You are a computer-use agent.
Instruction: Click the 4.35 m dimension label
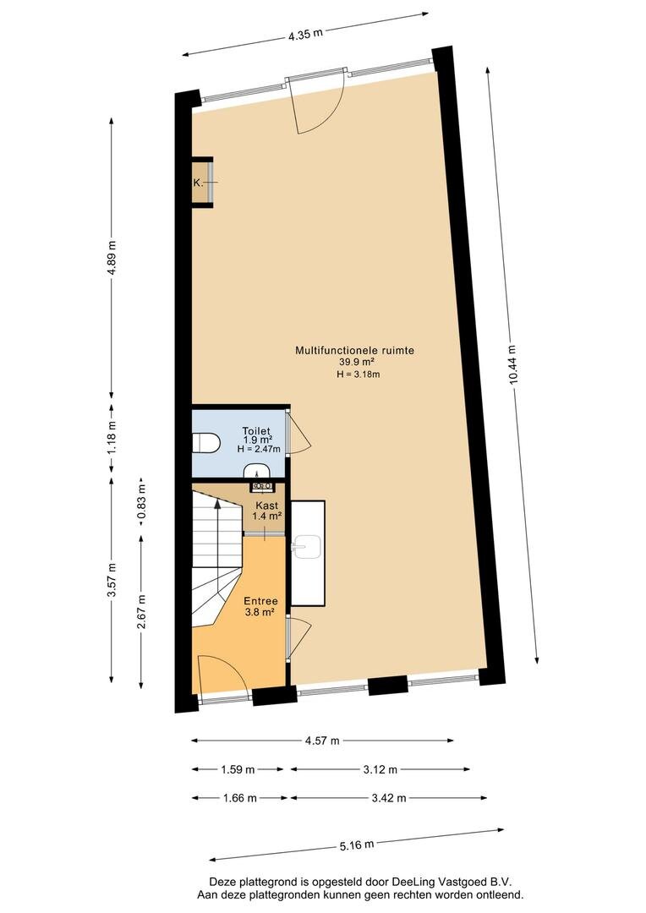coord(305,34)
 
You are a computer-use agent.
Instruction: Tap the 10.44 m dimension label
coord(512,364)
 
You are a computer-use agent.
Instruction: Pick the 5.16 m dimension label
coord(356,845)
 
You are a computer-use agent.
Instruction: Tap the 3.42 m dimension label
coord(389,798)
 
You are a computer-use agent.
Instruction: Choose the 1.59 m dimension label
coord(238,770)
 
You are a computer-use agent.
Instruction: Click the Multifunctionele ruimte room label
coord(355,351)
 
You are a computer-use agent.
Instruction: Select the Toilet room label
coord(256,431)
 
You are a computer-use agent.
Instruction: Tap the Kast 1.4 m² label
coord(267,511)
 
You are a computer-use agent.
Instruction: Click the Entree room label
coord(260,601)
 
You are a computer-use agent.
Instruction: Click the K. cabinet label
coord(198,183)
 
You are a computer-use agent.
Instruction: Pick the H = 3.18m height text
coord(359,374)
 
